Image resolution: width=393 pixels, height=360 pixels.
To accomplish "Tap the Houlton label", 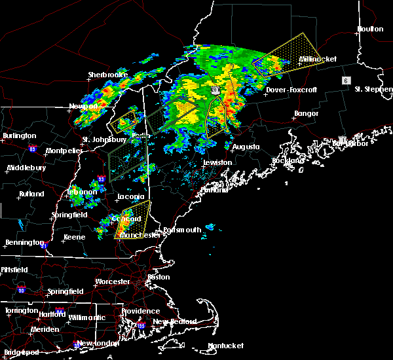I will [370, 29].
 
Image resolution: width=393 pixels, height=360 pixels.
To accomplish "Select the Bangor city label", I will [307, 114].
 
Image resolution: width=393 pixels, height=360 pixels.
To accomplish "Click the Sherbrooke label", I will [107, 75].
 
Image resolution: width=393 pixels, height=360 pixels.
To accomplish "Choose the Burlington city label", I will [19, 136].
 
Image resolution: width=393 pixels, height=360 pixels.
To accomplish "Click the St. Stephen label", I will [372, 89].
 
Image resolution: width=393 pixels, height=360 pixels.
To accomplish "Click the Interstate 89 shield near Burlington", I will [32, 149].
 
